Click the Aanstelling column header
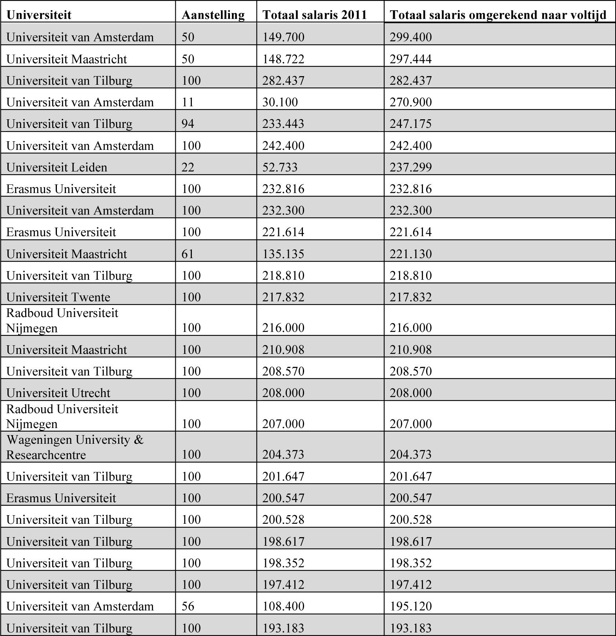[213, 15]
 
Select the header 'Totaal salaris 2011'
[314, 15]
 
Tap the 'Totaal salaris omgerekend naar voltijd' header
[498, 15]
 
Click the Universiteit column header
[39, 15]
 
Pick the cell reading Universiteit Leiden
[56, 167]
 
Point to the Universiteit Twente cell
[58, 297]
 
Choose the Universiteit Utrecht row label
[58, 393]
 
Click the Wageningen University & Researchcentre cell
[75, 447]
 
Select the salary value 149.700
[283, 37]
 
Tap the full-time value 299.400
[410, 37]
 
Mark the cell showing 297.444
[410, 59]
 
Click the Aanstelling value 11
[188, 102]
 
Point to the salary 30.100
[280, 102]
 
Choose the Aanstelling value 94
[188, 124]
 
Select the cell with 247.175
[410, 124]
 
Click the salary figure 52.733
[280, 167]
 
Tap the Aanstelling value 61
[188, 254]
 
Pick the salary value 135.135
[283, 254]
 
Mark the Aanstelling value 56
[188, 606]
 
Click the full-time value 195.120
[410, 606]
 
